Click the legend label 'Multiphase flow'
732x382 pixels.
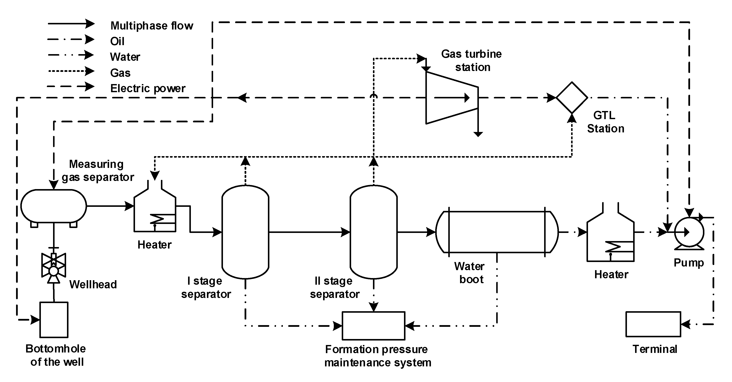[x=152, y=26]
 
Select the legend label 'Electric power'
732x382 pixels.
[x=148, y=88]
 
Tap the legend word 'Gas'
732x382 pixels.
[x=120, y=73]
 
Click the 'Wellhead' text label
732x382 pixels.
[x=93, y=284]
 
